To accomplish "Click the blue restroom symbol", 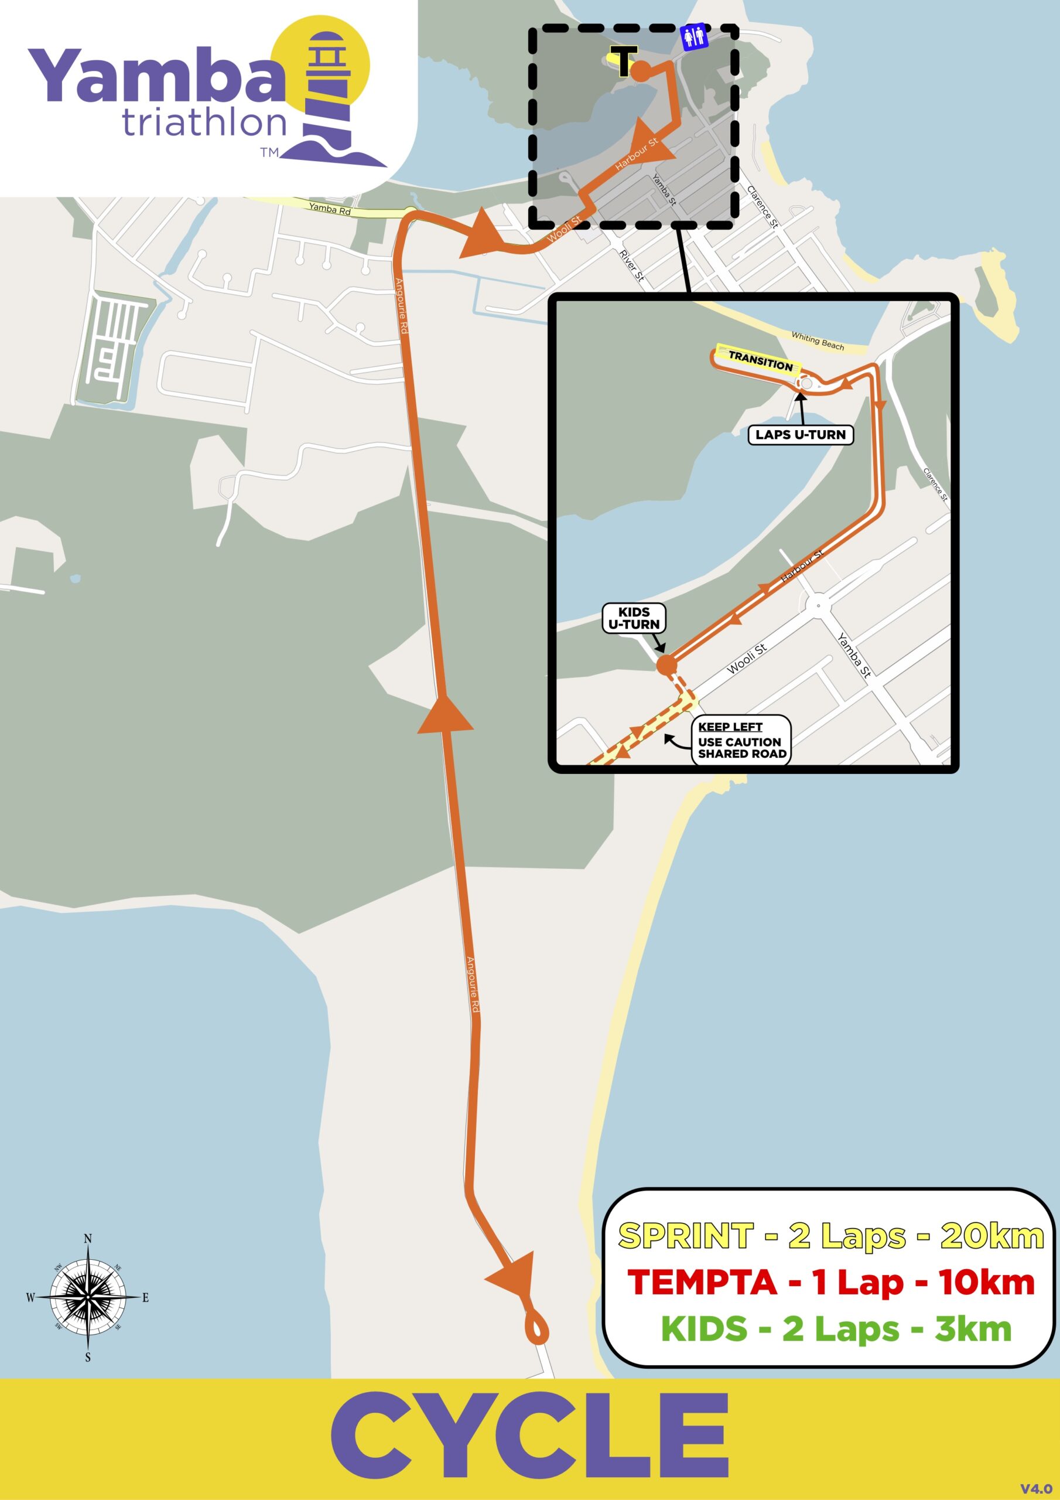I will (693, 37).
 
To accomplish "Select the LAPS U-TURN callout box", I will (800, 434).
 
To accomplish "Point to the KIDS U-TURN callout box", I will (634, 618).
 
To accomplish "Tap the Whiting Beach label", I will (817, 340).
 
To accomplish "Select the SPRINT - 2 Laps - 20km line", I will (830, 1236).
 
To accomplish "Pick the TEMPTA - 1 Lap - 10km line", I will (830, 1283).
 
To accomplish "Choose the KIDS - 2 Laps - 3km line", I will (836, 1328).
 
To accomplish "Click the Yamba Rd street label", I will (330, 209).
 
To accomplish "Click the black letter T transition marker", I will (624, 62).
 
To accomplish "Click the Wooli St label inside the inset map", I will (746, 658).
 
